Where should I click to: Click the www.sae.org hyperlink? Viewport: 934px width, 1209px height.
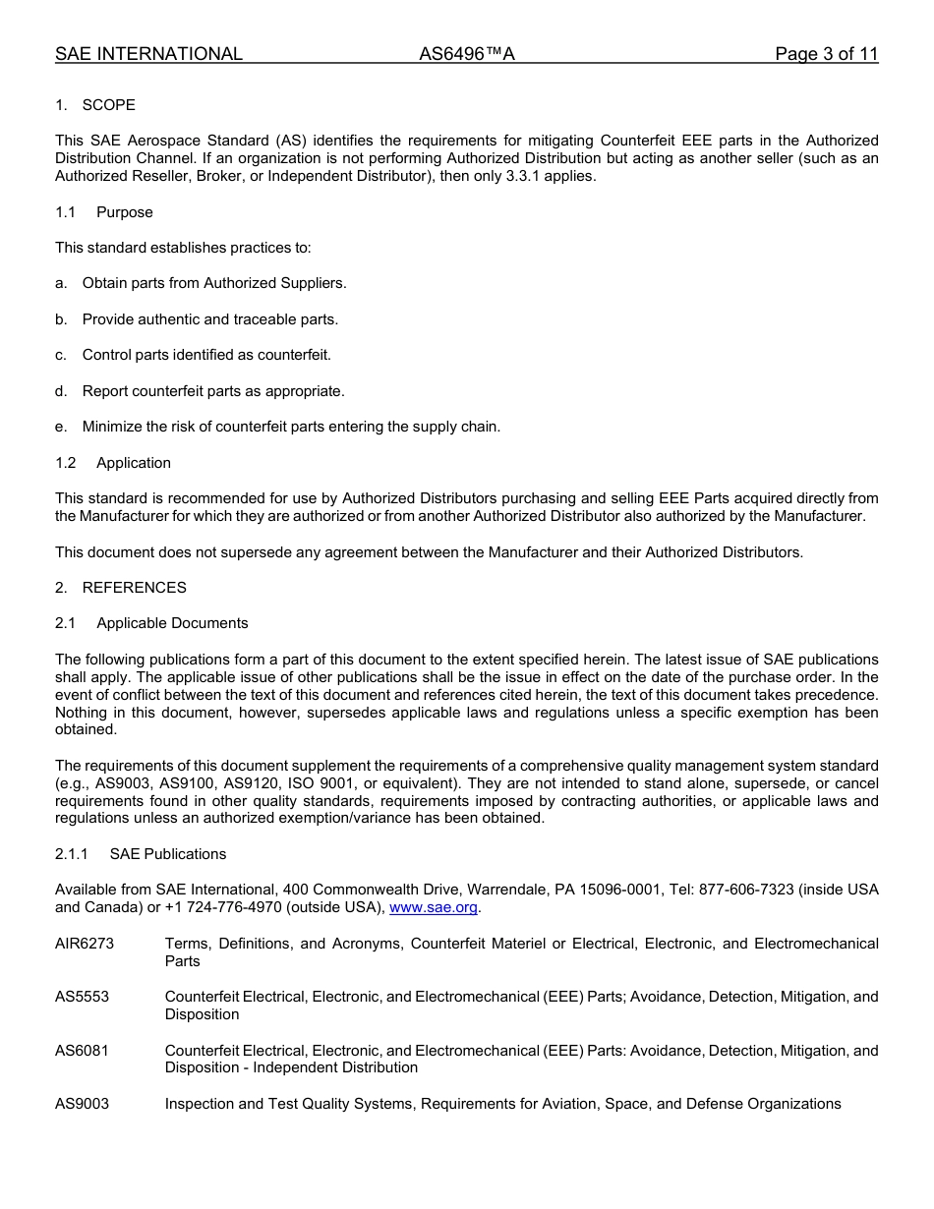point(433,907)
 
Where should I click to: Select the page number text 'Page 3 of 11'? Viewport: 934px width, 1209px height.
point(826,54)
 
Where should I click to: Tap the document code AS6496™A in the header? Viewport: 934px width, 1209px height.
point(467,54)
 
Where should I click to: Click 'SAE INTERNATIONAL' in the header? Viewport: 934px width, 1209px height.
point(148,54)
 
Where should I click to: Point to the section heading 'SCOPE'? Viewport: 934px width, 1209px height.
point(109,105)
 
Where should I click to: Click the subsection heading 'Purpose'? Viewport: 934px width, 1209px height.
point(125,212)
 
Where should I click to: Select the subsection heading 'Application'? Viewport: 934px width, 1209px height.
point(134,463)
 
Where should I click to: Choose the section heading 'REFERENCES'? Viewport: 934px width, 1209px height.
point(134,588)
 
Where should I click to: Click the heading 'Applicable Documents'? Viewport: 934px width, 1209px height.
point(172,623)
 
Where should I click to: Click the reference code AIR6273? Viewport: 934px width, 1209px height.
point(85,944)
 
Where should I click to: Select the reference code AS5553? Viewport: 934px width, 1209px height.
point(83,997)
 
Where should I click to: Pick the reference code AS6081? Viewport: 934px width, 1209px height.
point(83,1051)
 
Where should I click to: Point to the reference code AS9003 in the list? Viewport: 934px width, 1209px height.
point(83,1104)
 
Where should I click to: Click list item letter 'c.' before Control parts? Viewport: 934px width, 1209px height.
point(61,355)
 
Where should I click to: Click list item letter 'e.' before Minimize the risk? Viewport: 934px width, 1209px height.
point(61,427)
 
